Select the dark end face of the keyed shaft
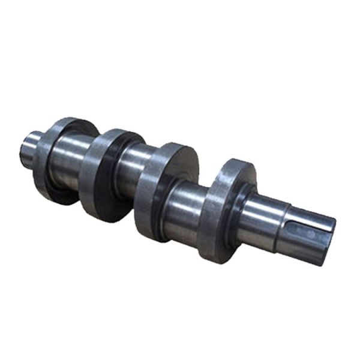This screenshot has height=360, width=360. pos(327,240)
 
